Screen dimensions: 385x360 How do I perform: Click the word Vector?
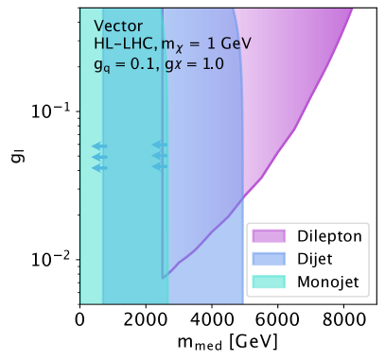pos(116,26)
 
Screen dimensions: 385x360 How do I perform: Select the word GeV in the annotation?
pos(234,44)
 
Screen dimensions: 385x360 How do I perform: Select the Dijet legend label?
pos(313,258)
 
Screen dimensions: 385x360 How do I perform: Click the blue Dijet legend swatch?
pos(269,258)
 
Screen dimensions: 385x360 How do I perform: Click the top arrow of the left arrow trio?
pos(99,146)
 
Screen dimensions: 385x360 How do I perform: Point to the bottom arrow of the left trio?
pos(99,168)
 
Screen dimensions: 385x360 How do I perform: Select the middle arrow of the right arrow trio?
pos(159,157)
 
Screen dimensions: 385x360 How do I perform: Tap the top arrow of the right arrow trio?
pos(159,146)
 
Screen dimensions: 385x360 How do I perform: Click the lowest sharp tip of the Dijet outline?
pos(163,278)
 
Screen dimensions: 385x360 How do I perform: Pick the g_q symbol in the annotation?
pos(99,64)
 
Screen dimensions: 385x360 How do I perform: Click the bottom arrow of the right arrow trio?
pos(159,168)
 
